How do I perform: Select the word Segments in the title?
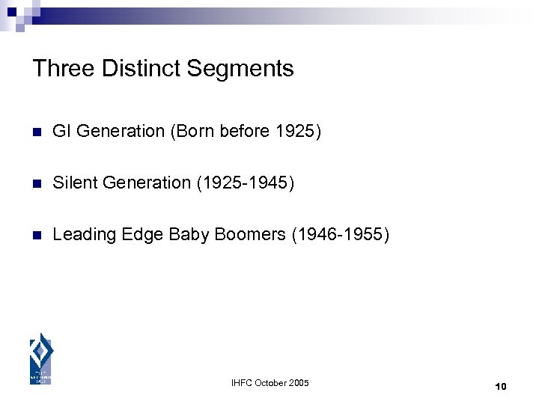click(x=240, y=69)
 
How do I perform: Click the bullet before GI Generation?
click(x=35, y=132)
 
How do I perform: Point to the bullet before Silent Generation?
click(x=35, y=184)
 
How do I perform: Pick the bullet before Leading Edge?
click(x=35, y=236)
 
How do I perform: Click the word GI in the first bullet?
click(x=61, y=132)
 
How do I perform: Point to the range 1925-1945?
click(x=246, y=183)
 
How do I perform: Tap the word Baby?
click(x=189, y=234)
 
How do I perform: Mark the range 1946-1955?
click(x=341, y=234)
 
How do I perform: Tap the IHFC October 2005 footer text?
click(x=270, y=383)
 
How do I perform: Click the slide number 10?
click(x=501, y=386)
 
